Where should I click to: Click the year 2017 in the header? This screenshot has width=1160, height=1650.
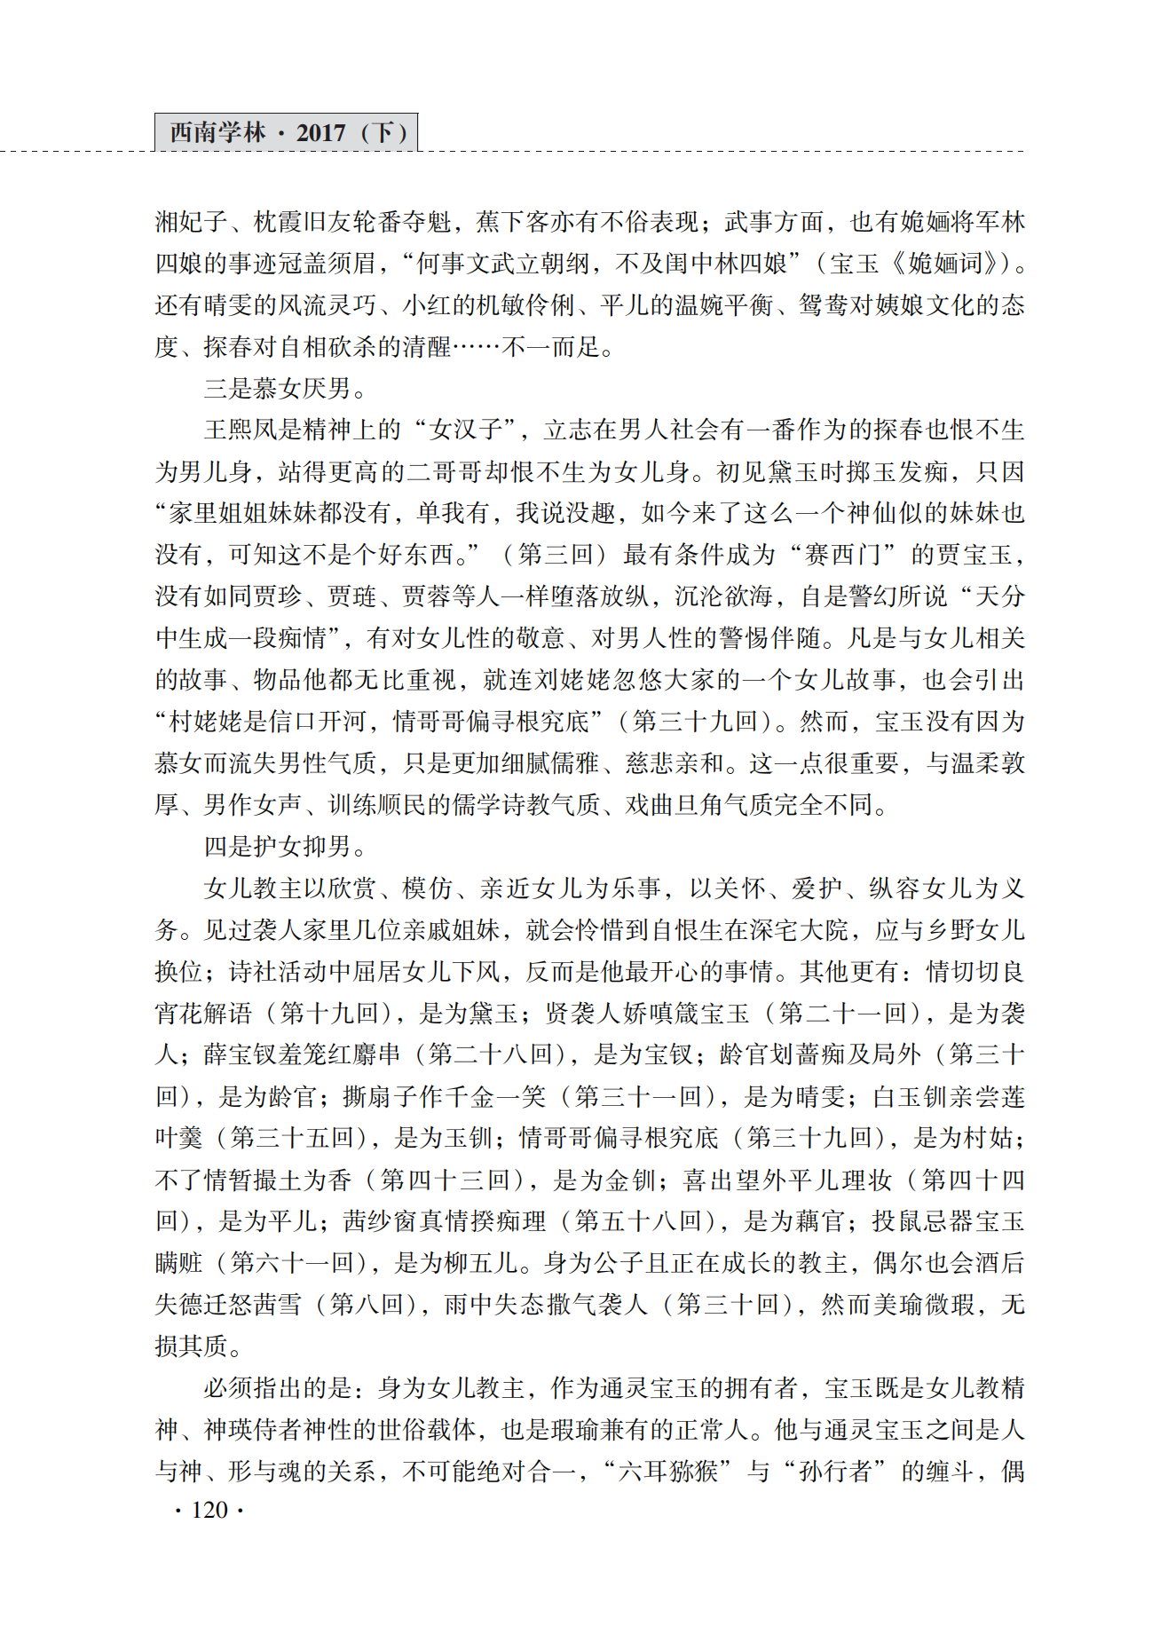click(x=320, y=133)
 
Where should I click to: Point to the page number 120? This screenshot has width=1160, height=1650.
click(x=209, y=1510)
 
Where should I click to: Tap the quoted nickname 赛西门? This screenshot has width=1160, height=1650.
click(x=841, y=555)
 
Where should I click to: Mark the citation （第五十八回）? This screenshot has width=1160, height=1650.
click(x=650, y=1221)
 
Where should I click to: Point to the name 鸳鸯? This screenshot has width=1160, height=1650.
click(x=823, y=305)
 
